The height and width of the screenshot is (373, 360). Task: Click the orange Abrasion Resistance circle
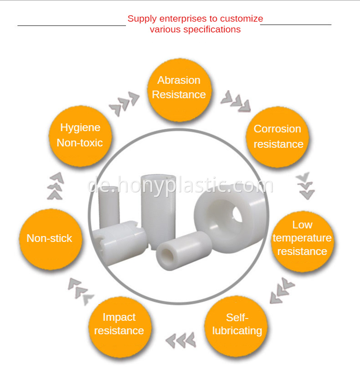pyautogui.click(x=179, y=90)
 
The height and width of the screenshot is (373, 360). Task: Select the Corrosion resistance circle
pyautogui.click(x=277, y=137)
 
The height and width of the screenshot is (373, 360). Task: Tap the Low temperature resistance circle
pyautogui.click(x=302, y=241)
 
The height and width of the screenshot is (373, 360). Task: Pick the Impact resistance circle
pyautogui.click(x=120, y=327)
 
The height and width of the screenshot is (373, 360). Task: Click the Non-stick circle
pyautogui.click(x=50, y=239)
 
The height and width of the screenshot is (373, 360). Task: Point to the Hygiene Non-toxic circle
pyautogui.click(x=80, y=136)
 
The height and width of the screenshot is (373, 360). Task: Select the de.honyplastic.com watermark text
pyautogui.click(x=180, y=186)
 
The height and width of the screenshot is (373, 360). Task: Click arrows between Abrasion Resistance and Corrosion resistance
pyautogui.click(x=236, y=101)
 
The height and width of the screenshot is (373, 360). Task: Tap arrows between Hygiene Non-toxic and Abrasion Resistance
pyautogui.click(x=124, y=104)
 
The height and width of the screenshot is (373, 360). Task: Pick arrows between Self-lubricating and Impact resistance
pyautogui.click(x=181, y=340)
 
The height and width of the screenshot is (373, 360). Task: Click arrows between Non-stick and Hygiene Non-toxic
pyautogui.click(x=56, y=186)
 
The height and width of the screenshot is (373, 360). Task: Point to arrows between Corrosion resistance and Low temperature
pyautogui.click(x=306, y=186)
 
